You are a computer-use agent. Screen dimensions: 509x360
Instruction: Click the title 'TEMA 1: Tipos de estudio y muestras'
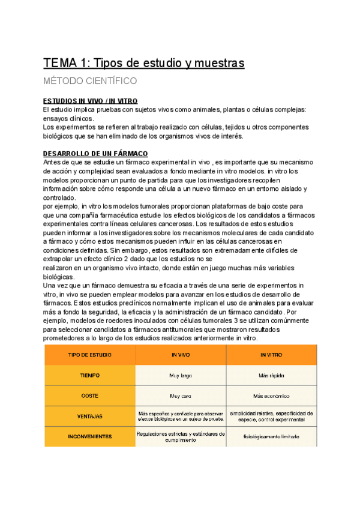click(x=144, y=63)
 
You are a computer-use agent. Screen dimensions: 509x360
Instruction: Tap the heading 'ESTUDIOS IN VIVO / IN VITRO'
click(x=91, y=100)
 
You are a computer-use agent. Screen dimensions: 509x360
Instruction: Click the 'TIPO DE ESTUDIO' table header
click(x=90, y=355)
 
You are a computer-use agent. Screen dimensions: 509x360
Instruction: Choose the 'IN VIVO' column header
click(x=181, y=355)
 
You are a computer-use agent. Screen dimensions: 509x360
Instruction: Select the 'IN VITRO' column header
click(x=271, y=355)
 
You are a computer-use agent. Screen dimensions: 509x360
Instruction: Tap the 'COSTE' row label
click(x=90, y=396)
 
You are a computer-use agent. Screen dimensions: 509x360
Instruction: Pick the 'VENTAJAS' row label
click(x=90, y=416)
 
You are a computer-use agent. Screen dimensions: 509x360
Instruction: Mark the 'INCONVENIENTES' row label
click(x=90, y=436)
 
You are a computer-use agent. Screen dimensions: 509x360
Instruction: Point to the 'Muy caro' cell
click(x=181, y=396)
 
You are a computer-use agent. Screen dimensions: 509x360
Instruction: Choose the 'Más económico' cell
click(x=271, y=396)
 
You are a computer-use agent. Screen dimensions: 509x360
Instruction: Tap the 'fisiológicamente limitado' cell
click(x=271, y=437)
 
